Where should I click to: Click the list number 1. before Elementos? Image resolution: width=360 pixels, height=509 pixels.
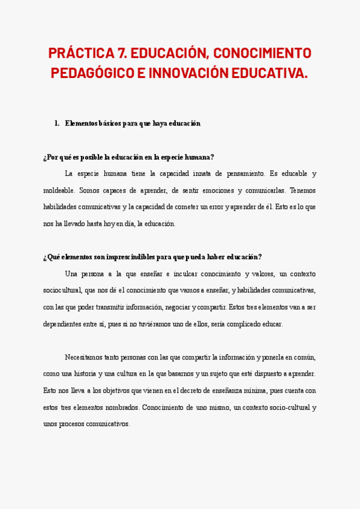57,124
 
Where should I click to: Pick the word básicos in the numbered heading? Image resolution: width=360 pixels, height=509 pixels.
110,124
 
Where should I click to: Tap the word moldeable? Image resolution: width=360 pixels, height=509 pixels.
59,190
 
